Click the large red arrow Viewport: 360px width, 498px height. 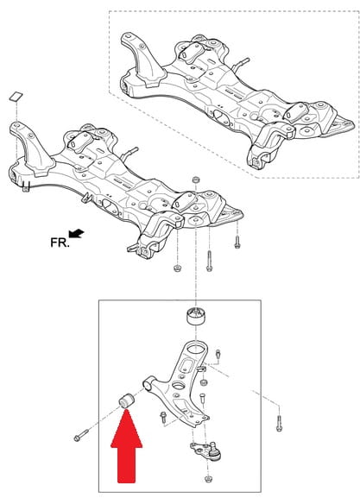tap(126, 448)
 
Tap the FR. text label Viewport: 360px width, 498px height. tap(60, 243)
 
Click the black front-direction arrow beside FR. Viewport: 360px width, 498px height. tap(77, 233)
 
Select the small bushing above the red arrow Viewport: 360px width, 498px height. tap(127, 400)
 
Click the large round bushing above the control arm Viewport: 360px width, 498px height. tap(196, 316)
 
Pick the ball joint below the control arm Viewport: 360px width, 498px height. tap(208, 451)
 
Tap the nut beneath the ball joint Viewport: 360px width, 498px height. tap(208, 479)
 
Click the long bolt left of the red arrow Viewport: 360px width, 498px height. tap(82, 435)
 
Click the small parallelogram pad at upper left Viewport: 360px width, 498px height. tap(16, 96)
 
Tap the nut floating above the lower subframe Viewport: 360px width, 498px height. tap(196, 180)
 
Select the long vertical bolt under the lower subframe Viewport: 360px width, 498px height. tap(209, 261)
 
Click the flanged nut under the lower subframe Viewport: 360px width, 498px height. tap(177, 268)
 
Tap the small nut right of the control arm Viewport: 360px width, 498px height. tap(205, 382)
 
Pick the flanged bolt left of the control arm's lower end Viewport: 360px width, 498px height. tap(163, 417)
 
